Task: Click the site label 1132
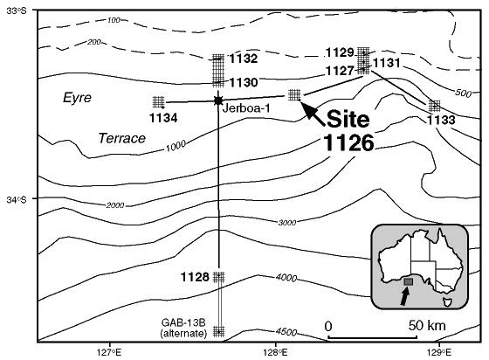(244, 59)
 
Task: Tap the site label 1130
(244, 83)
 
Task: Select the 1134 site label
(163, 118)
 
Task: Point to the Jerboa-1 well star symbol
(218, 100)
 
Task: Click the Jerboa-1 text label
(246, 108)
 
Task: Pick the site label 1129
(340, 52)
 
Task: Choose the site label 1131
(386, 63)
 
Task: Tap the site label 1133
(441, 120)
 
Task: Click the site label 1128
(195, 277)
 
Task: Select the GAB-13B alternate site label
(183, 328)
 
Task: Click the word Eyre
(77, 98)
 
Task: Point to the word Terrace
(122, 138)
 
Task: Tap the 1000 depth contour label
(176, 146)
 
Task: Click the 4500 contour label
(286, 332)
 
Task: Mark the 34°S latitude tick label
(17, 199)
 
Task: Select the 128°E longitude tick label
(275, 352)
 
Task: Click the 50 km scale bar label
(427, 326)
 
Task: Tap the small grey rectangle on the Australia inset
(409, 281)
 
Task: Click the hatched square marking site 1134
(159, 102)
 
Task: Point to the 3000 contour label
(287, 223)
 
